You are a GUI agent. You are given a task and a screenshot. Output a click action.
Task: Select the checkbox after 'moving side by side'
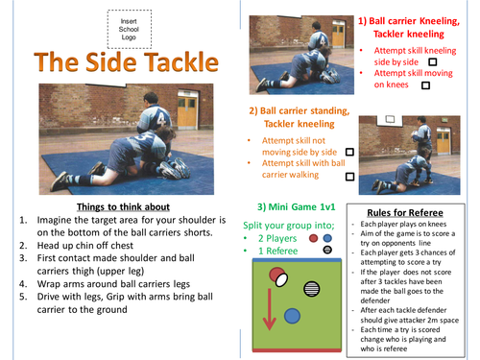[x=348, y=152]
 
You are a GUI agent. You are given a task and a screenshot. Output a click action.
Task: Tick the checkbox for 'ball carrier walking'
[x=348, y=177]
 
